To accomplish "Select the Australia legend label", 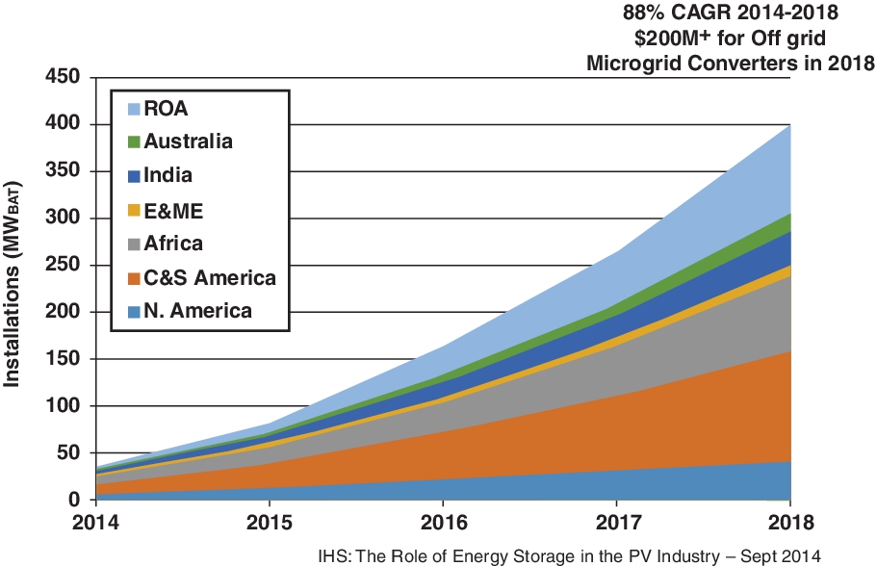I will [x=188, y=141].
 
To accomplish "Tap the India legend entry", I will [x=168, y=175].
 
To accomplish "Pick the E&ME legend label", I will [x=173, y=210].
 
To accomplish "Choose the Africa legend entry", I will [x=173, y=244].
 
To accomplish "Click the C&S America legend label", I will [x=210, y=277].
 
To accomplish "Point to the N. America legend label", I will [x=197, y=310].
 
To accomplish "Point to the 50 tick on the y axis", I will [x=68, y=453].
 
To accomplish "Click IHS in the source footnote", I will [x=333, y=554].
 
